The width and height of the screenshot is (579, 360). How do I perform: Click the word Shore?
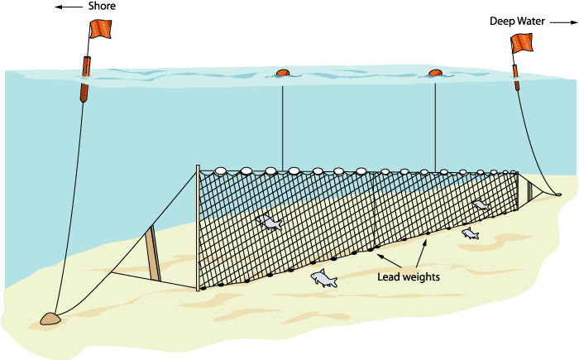coord(103,7)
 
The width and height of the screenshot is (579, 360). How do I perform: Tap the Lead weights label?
coord(408,276)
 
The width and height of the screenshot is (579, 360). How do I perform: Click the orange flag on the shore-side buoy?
coord(99,29)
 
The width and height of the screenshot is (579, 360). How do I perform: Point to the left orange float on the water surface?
coord(282,74)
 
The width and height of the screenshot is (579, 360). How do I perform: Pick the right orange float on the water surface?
coord(435,74)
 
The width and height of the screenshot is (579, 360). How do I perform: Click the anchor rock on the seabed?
coord(50,318)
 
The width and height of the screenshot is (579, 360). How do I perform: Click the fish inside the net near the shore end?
coord(270,222)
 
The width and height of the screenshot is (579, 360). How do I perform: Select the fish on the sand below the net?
coord(324,280)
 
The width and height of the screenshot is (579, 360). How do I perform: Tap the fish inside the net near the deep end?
coord(481,204)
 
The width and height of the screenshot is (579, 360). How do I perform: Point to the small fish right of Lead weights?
coord(470,234)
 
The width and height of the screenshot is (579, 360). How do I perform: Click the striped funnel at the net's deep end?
coord(524,190)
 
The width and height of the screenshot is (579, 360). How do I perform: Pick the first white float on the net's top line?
coord(220,171)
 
